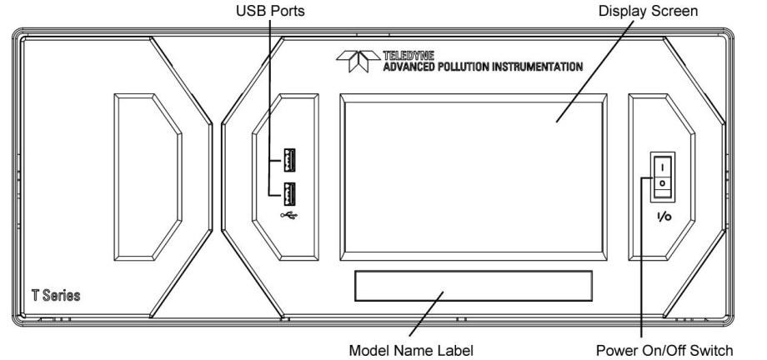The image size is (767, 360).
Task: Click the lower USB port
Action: [x=290, y=191]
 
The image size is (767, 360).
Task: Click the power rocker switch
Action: [x=662, y=176]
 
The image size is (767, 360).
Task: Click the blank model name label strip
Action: [x=473, y=286]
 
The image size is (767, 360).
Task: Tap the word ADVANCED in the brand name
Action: [x=411, y=66]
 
